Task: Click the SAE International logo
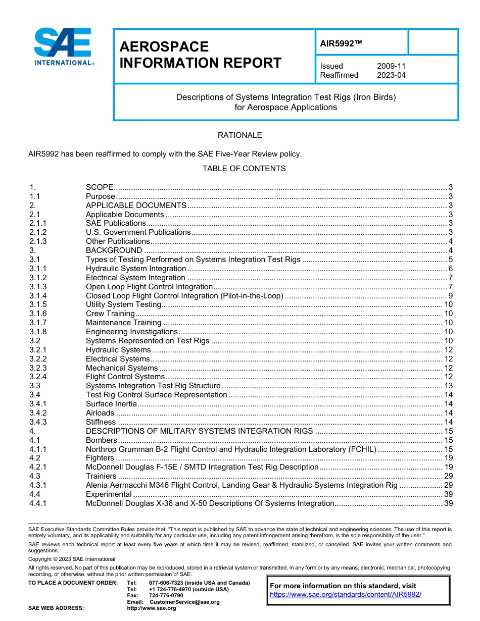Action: tap(63, 46)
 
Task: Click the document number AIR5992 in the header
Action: tap(341, 44)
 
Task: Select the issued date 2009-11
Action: tap(391, 66)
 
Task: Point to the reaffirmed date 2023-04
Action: tap(391, 75)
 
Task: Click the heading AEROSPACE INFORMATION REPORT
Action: tap(200, 55)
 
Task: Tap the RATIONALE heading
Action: tap(239, 135)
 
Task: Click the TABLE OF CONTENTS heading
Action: tap(244, 169)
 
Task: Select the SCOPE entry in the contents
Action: tap(99, 187)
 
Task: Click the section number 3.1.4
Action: tap(38, 296)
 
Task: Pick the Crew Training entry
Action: tap(110, 314)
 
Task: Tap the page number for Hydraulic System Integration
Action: tap(450, 269)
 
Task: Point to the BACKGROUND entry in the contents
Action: tap(114, 250)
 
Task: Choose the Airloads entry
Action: tap(100, 413)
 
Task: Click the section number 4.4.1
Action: tap(38, 503)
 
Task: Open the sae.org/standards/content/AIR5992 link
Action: tap(345, 595)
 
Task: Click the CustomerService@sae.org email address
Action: tap(184, 602)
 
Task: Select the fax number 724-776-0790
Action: tap(166, 596)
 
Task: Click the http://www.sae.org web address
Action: tap(152, 608)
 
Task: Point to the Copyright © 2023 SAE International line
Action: tap(72, 559)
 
